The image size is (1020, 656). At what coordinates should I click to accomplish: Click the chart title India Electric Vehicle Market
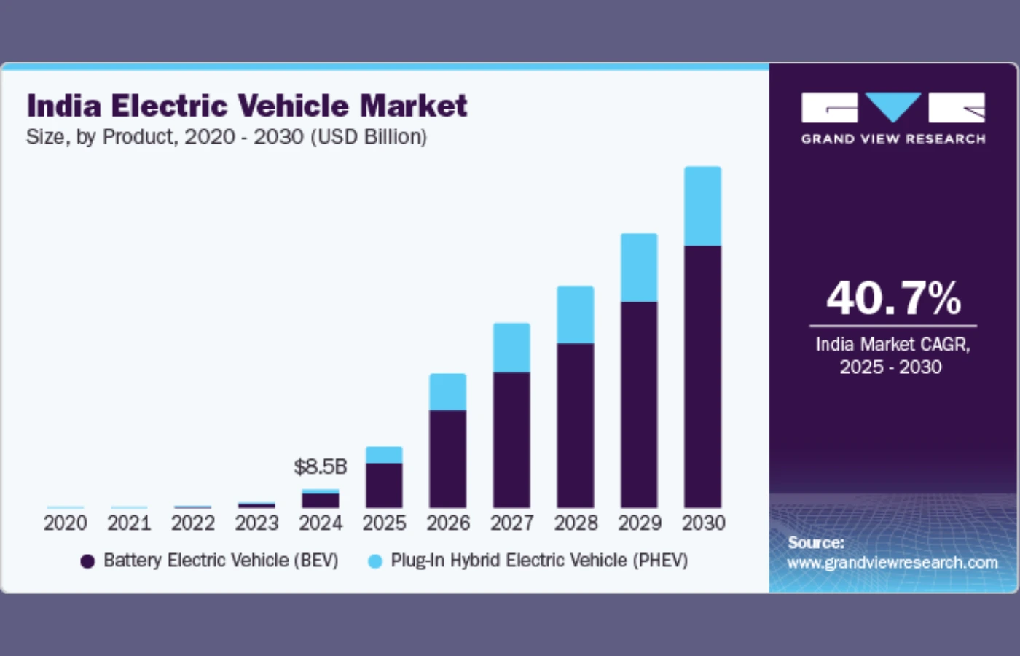coord(247,106)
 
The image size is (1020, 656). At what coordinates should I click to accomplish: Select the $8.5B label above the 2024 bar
coord(320,466)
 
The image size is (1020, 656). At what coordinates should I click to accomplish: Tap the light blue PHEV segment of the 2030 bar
coord(702,206)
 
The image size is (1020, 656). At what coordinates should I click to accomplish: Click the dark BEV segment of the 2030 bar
coord(702,376)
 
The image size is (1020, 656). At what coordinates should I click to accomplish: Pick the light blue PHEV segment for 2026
coord(447,392)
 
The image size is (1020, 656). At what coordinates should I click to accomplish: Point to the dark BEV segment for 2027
coord(511,440)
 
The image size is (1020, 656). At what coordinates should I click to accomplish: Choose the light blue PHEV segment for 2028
coord(575,315)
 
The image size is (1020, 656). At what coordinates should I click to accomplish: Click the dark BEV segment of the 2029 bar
coord(639,405)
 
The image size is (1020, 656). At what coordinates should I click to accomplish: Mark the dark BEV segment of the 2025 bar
coord(384,485)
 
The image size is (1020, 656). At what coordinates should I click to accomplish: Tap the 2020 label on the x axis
coord(65,523)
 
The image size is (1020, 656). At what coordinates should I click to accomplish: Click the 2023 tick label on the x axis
coord(256,523)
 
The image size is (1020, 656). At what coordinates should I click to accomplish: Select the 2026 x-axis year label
coord(448,523)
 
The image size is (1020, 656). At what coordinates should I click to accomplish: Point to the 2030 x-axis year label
coord(703,523)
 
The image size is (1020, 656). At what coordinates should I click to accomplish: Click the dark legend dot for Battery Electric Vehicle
coord(87,561)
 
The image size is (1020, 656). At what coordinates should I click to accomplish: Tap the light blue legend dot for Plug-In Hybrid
coord(375,561)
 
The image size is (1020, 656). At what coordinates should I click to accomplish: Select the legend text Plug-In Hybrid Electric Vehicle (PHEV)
coord(539,561)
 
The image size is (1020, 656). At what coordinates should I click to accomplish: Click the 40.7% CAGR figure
coord(893,298)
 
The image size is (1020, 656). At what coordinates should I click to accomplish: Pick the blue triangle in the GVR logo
coord(892,106)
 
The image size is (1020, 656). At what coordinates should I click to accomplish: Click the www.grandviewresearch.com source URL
coord(892,563)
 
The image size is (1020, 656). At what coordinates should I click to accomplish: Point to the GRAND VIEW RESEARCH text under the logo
coord(893,138)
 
